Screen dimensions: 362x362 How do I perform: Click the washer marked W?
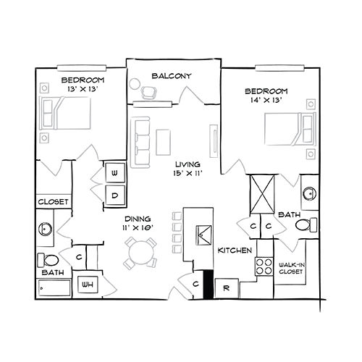[115, 173]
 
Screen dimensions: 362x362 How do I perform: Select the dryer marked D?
[115, 195]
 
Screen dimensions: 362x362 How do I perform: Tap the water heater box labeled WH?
[88, 285]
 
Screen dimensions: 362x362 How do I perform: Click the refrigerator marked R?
[227, 288]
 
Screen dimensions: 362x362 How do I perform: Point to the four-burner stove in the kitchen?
[264, 266]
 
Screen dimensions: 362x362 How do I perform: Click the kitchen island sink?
[204, 235]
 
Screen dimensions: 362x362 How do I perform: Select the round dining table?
[141, 253]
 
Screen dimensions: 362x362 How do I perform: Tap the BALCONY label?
[172, 76]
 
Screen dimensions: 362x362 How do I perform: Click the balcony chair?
[148, 93]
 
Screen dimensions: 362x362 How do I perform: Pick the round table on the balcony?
[135, 84]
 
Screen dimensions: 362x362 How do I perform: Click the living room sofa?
[140, 143]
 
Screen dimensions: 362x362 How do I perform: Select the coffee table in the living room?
[164, 143]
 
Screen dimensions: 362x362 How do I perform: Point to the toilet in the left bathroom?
[48, 260]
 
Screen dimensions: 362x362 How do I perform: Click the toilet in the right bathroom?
[306, 225]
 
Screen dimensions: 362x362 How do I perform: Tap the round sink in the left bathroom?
[45, 229]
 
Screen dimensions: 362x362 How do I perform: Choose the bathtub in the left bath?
[54, 288]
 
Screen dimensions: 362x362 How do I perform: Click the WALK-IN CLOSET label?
[291, 268]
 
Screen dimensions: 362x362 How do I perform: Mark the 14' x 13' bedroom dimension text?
[266, 100]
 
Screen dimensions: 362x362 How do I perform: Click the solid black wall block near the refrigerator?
[209, 285]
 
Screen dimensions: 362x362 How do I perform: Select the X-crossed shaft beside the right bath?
[262, 194]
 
